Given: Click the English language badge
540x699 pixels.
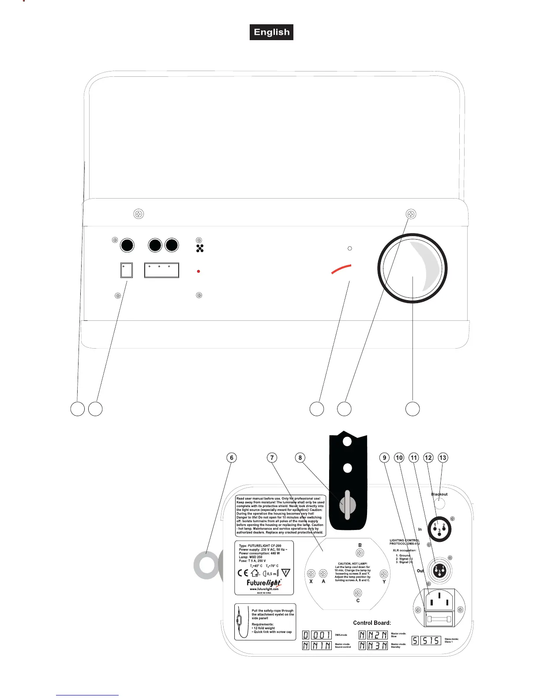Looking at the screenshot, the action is (271, 32).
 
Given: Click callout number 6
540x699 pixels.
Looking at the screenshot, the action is (231, 458).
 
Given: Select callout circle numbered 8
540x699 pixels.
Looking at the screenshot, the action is (300, 458).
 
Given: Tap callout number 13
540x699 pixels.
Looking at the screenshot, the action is (442, 458).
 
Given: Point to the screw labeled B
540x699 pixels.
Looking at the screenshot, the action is (360, 553).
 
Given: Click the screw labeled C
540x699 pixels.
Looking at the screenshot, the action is (358, 593).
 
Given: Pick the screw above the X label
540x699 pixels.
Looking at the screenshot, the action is (311, 574).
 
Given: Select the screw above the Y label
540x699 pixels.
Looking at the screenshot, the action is (384, 574).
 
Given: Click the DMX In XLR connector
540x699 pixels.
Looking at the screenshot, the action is (439, 528).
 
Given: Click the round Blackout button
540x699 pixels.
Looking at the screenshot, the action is (439, 504).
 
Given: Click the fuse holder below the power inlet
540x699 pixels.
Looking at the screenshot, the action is (439, 619).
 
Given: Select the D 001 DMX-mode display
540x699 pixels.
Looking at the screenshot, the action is (317, 635).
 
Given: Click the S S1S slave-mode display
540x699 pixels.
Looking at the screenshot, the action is (426, 640).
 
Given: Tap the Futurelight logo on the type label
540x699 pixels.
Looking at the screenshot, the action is (264, 583).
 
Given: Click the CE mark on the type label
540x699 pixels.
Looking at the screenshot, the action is (243, 573).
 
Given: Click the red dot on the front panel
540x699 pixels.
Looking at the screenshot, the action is (199, 271).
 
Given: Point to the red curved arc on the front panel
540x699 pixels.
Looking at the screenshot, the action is (341, 269).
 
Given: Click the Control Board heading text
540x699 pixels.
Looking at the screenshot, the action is (372, 623).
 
